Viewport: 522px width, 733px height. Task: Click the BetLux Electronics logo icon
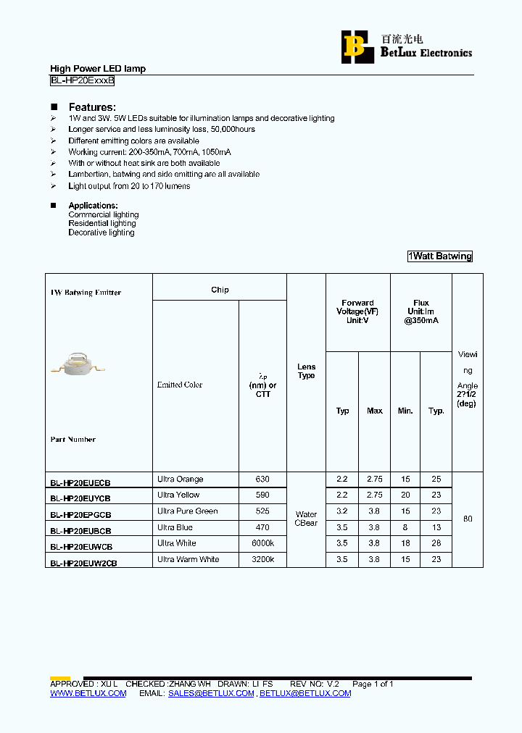pos(354,46)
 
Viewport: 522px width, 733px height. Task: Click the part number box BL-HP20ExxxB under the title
pos(82,81)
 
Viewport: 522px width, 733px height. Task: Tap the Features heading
pos(92,107)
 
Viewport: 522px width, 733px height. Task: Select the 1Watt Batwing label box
pos(440,256)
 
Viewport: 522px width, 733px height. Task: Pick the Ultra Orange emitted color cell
pos(181,479)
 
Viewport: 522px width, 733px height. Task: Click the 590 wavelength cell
pos(262,495)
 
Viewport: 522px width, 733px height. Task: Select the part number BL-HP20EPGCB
pos(80,515)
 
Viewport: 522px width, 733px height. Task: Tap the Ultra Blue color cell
pos(175,527)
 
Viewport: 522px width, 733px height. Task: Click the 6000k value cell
pos(262,543)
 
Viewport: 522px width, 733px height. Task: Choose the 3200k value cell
pos(262,559)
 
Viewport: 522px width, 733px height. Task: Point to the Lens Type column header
pos(307,371)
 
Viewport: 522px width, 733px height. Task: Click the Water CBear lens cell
pos(307,519)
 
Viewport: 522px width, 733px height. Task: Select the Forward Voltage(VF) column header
pos(357,311)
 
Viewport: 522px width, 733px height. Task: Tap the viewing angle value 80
pos(468,519)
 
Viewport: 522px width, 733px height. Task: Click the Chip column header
pos(220,290)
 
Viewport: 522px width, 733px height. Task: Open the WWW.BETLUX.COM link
pos(88,693)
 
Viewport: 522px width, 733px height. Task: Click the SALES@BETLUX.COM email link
pos(211,693)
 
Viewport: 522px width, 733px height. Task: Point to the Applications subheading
pos(93,206)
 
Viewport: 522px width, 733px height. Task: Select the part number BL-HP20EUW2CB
pos(83,563)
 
